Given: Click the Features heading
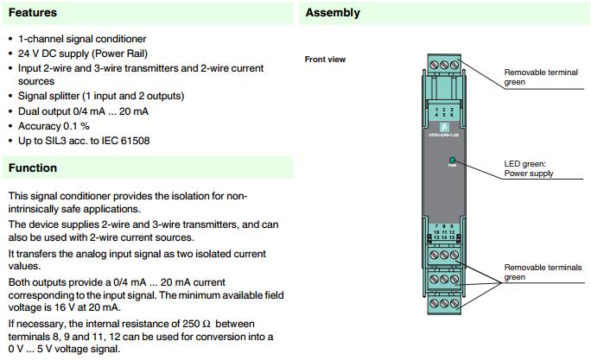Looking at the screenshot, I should [x=33, y=13].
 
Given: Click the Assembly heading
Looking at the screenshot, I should [x=333, y=13].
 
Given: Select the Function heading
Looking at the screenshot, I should [x=33, y=167].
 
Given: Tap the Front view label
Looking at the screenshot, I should [x=325, y=60].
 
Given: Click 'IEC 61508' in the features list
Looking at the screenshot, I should [x=124, y=140].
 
